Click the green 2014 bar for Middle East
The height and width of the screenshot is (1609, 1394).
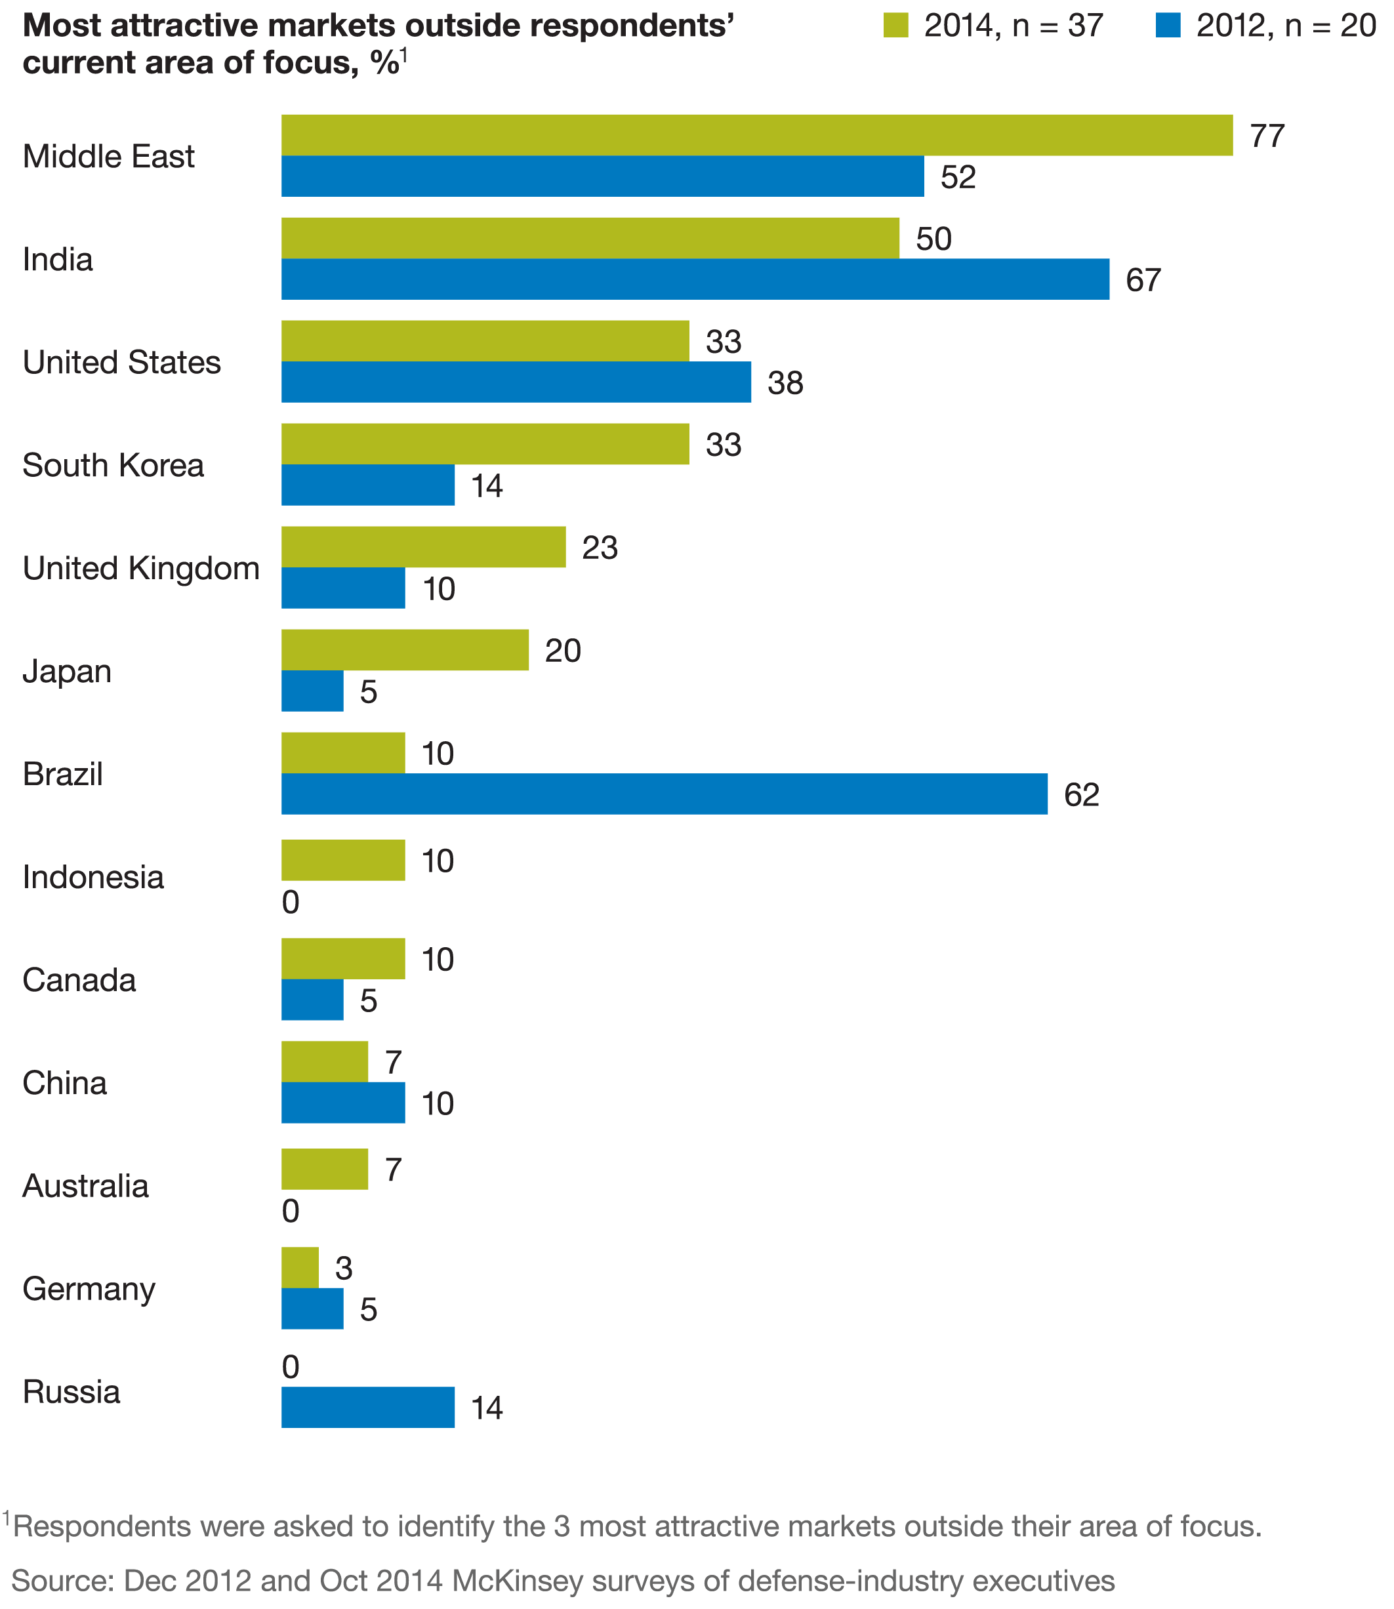[756, 135]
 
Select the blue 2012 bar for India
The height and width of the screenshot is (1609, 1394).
[695, 279]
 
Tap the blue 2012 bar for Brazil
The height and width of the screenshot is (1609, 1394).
[664, 794]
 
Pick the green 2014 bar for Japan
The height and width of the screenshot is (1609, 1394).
[405, 650]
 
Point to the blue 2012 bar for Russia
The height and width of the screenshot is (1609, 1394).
[367, 1408]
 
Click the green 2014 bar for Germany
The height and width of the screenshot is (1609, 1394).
[300, 1268]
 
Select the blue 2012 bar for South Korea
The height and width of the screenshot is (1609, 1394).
[367, 485]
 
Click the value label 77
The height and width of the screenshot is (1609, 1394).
[1267, 136]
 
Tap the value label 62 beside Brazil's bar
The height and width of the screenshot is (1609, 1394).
[1080, 795]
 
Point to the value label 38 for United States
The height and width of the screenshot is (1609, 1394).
[785, 383]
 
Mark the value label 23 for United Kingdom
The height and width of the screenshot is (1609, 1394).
[599, 548]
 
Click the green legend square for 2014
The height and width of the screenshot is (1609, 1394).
[895, 26]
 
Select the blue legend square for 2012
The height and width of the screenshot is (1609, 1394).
[1168, 26]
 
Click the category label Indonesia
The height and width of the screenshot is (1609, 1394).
[93, 877]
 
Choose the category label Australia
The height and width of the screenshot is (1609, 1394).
[85, 1186]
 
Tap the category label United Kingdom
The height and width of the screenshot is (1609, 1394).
[141, 569]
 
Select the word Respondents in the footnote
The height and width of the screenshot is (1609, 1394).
[101, 1526]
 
